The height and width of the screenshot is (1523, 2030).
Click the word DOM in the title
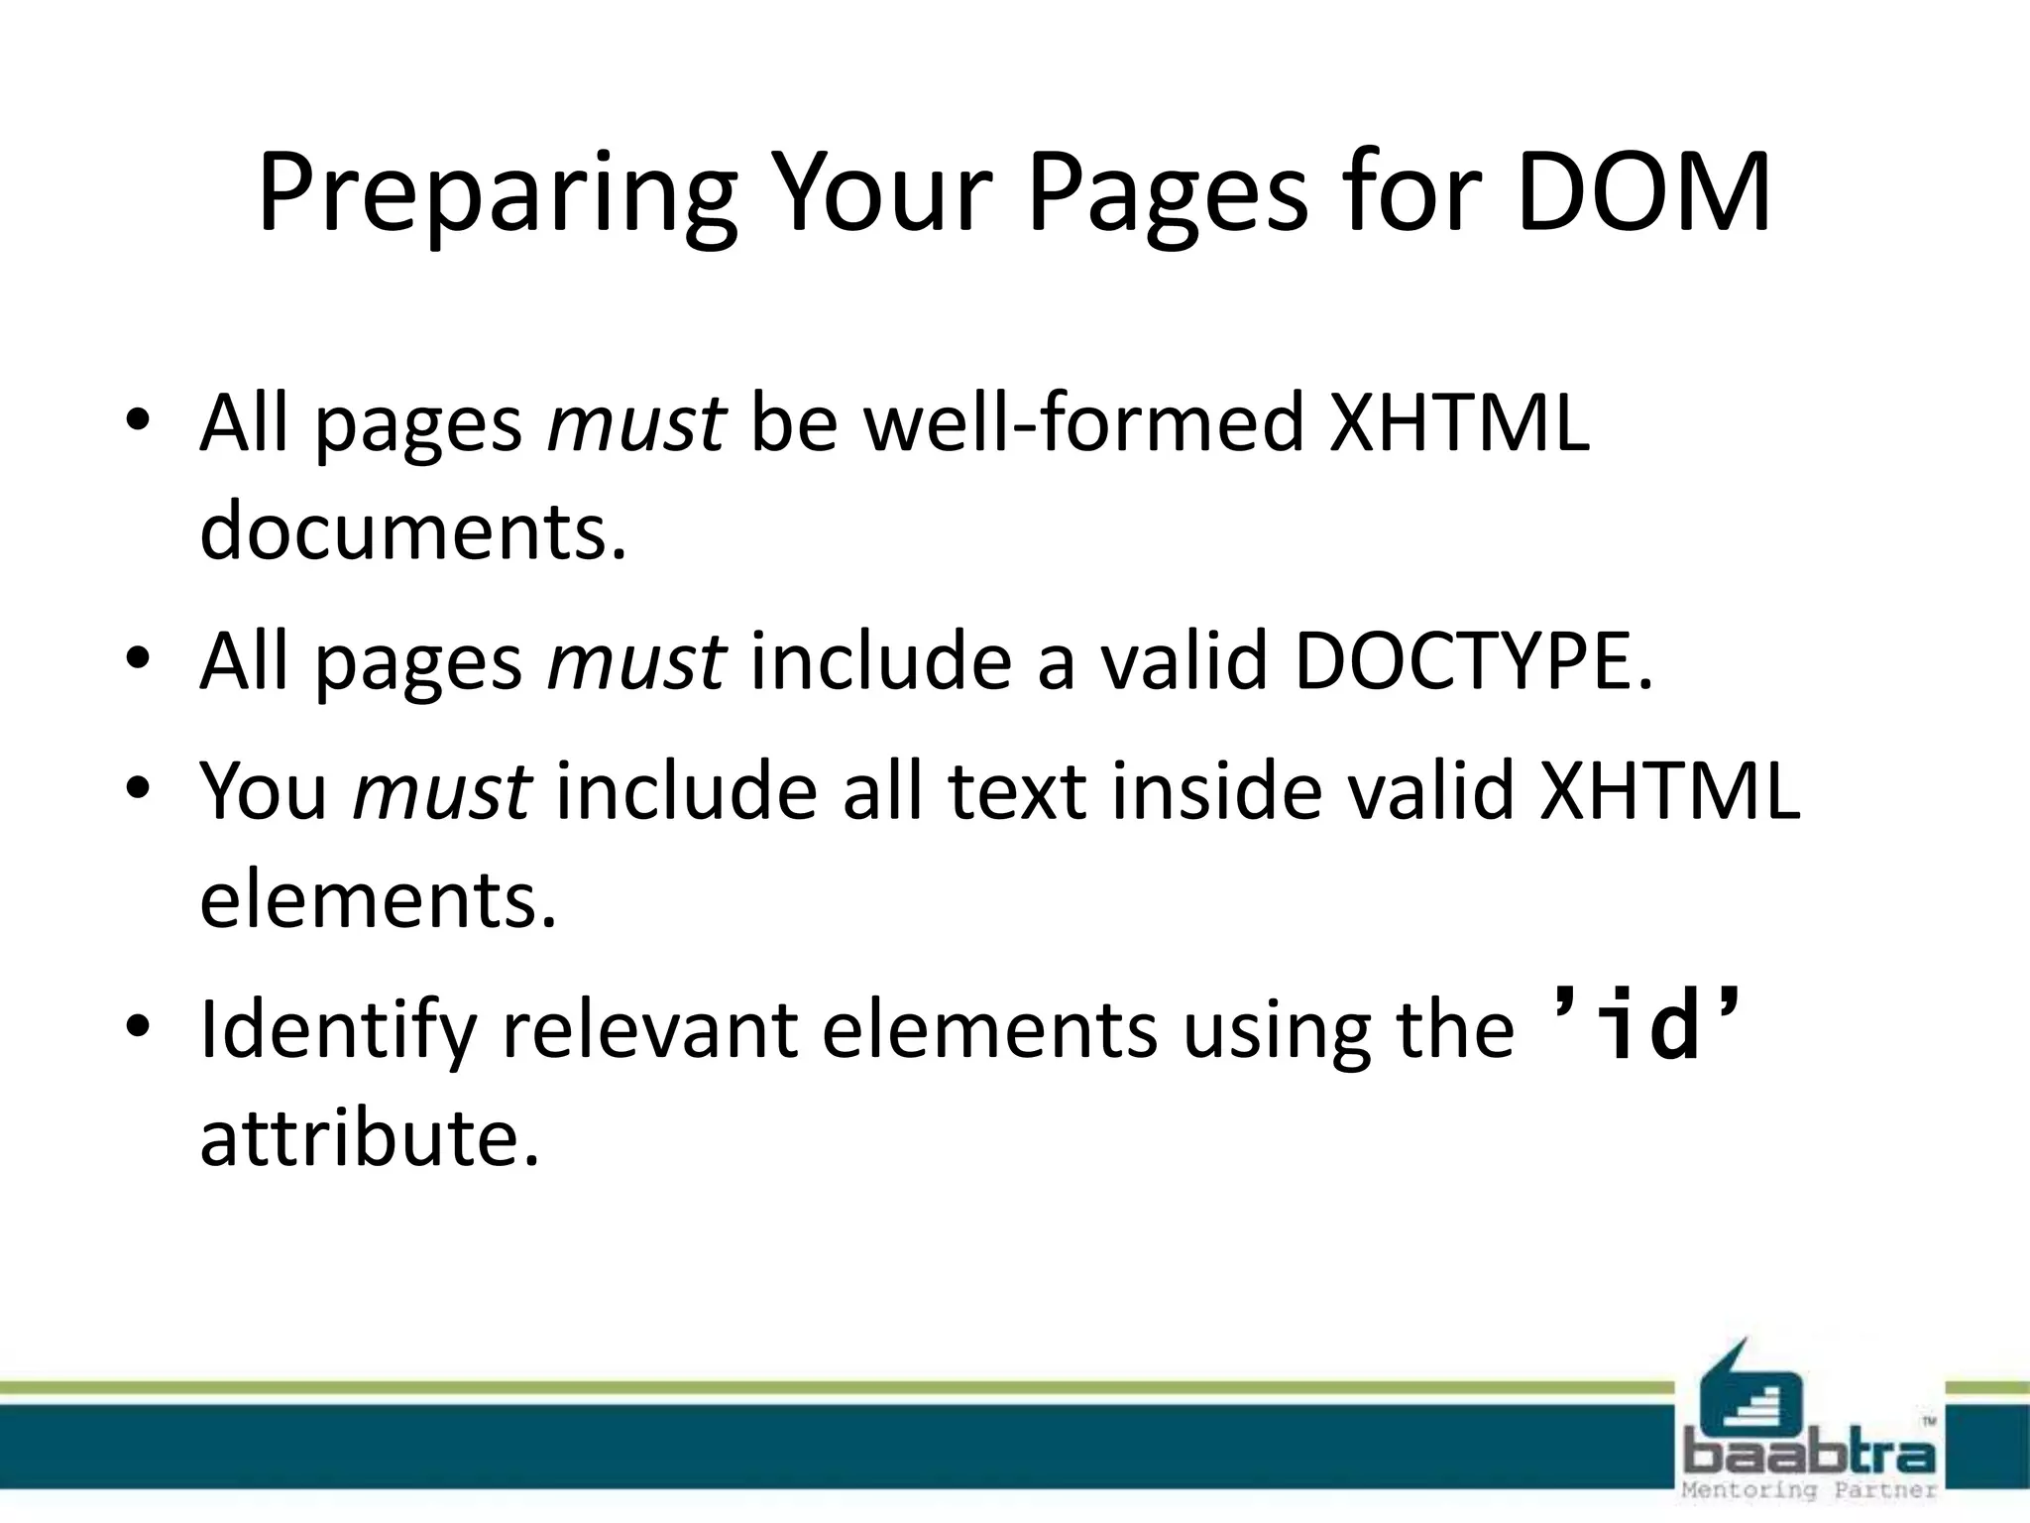coord(1643,192)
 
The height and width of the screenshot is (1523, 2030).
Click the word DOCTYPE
coord(1473,661)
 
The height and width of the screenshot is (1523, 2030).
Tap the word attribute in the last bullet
coord(370,1137)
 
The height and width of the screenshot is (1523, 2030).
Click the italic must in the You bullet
coord(442,791)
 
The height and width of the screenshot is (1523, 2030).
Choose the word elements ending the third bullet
coord(378,900)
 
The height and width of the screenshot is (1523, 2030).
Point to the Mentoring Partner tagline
coord(1809,1489)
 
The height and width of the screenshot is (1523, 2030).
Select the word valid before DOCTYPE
coord(1184,661)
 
